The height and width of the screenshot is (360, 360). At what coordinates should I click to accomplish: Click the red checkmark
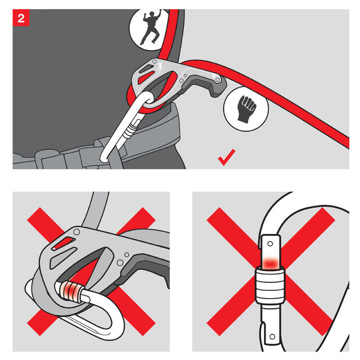tap(227, 157)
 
